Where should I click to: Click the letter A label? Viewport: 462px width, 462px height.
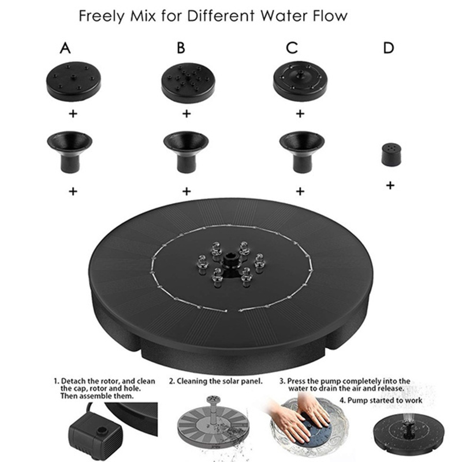65,48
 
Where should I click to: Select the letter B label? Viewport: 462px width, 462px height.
181,48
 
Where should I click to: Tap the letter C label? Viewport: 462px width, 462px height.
292,48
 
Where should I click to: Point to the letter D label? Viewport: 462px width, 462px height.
389,48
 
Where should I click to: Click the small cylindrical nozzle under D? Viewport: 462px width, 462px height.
392,154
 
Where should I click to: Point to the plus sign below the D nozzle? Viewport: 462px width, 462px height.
390,185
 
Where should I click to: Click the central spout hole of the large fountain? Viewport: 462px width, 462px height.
228,261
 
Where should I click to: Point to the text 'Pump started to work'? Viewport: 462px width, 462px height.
385,400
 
